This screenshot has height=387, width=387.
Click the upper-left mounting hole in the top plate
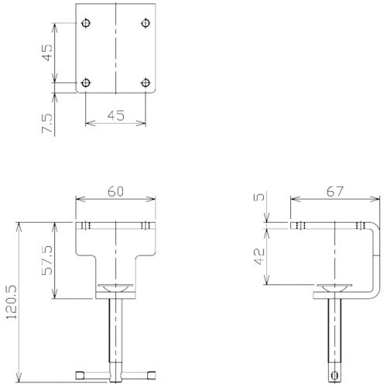(x=85, y=22)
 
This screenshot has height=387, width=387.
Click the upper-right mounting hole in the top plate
(x=146, y=22)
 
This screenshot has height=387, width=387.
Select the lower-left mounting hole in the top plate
(x=85, y=81)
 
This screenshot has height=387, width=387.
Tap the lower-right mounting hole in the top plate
(x=146, y=81)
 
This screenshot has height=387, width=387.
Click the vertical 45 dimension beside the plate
(x=46, y=52)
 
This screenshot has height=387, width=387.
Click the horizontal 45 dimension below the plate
(x=115, y=115)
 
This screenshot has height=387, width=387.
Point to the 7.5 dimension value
(x=46, y=122)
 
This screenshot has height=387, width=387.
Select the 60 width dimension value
(x=116, y=190)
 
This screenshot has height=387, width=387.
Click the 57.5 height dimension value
(x=46, y=262)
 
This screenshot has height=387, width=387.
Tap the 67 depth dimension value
(x=335, y=190)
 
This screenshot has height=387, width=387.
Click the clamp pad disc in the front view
(x=116, y=289)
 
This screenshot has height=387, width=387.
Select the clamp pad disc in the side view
(x=335, y=289)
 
